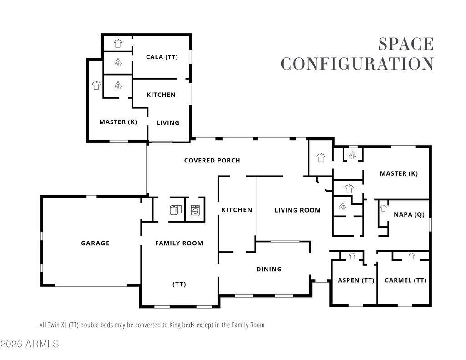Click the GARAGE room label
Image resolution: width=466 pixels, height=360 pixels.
(96, 243)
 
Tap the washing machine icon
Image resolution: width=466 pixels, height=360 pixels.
(195, 210)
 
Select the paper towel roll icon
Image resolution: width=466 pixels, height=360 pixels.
(176, 210)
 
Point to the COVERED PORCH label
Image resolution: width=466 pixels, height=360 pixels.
(212, 161)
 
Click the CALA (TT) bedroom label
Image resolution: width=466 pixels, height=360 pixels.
(162, 57)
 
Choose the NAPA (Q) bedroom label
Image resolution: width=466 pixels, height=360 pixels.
(409, 214)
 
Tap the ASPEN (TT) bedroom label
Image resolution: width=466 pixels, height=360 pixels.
(356, 280)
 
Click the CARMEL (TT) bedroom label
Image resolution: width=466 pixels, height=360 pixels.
(405, 280)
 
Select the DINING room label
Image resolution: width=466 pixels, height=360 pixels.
(269, 269)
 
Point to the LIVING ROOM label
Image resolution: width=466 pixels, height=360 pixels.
(298, 210)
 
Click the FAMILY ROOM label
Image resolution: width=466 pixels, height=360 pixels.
(179, 243)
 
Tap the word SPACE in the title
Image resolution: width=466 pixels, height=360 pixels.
(406, 44)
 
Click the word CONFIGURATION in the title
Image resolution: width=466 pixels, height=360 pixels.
(357, 64)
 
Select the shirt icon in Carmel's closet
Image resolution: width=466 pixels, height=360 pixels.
(411, 256)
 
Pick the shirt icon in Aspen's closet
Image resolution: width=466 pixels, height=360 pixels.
(353, 256)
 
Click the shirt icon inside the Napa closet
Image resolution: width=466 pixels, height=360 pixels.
(383, 208)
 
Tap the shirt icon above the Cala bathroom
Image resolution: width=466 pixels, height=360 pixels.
(118, 43)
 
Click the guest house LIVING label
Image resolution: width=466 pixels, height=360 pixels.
(168, 123)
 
